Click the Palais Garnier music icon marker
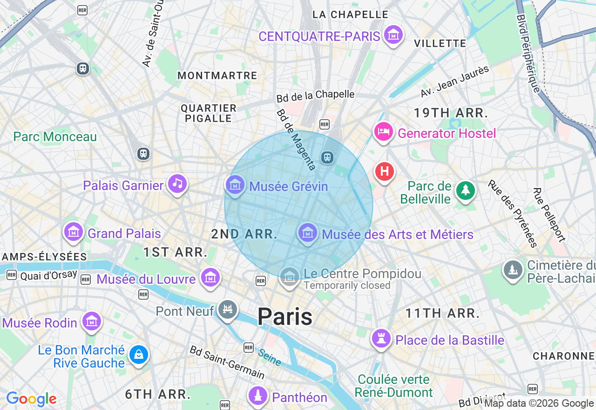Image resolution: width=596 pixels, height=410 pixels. pos(177,184)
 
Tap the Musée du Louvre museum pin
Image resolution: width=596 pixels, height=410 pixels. pos(210,278)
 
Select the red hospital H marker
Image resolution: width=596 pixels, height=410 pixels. pos(385,171)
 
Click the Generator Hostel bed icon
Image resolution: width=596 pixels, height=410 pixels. pos(383,132)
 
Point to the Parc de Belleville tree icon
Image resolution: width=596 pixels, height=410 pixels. pos(465,191)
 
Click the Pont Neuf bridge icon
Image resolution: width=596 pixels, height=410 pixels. pos(228,309)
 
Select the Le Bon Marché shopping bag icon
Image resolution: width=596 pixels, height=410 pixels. pos(138,355)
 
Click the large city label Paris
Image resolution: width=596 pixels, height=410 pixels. pos(284,317)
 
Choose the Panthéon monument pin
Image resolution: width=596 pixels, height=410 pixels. pos(257,396)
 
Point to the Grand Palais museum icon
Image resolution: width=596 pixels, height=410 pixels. pos(74,232)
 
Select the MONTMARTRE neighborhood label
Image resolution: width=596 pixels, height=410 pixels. pos(217,75)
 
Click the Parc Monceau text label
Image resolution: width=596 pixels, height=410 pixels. pos(55,137)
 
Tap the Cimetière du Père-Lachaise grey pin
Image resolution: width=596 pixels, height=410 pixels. pos(513,269)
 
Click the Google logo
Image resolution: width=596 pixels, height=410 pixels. pos(31,399)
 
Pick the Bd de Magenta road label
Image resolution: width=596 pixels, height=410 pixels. pos(296,140)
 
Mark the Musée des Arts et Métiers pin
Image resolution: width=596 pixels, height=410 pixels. pos(307,232)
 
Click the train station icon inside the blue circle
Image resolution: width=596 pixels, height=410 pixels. pos(327,157)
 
